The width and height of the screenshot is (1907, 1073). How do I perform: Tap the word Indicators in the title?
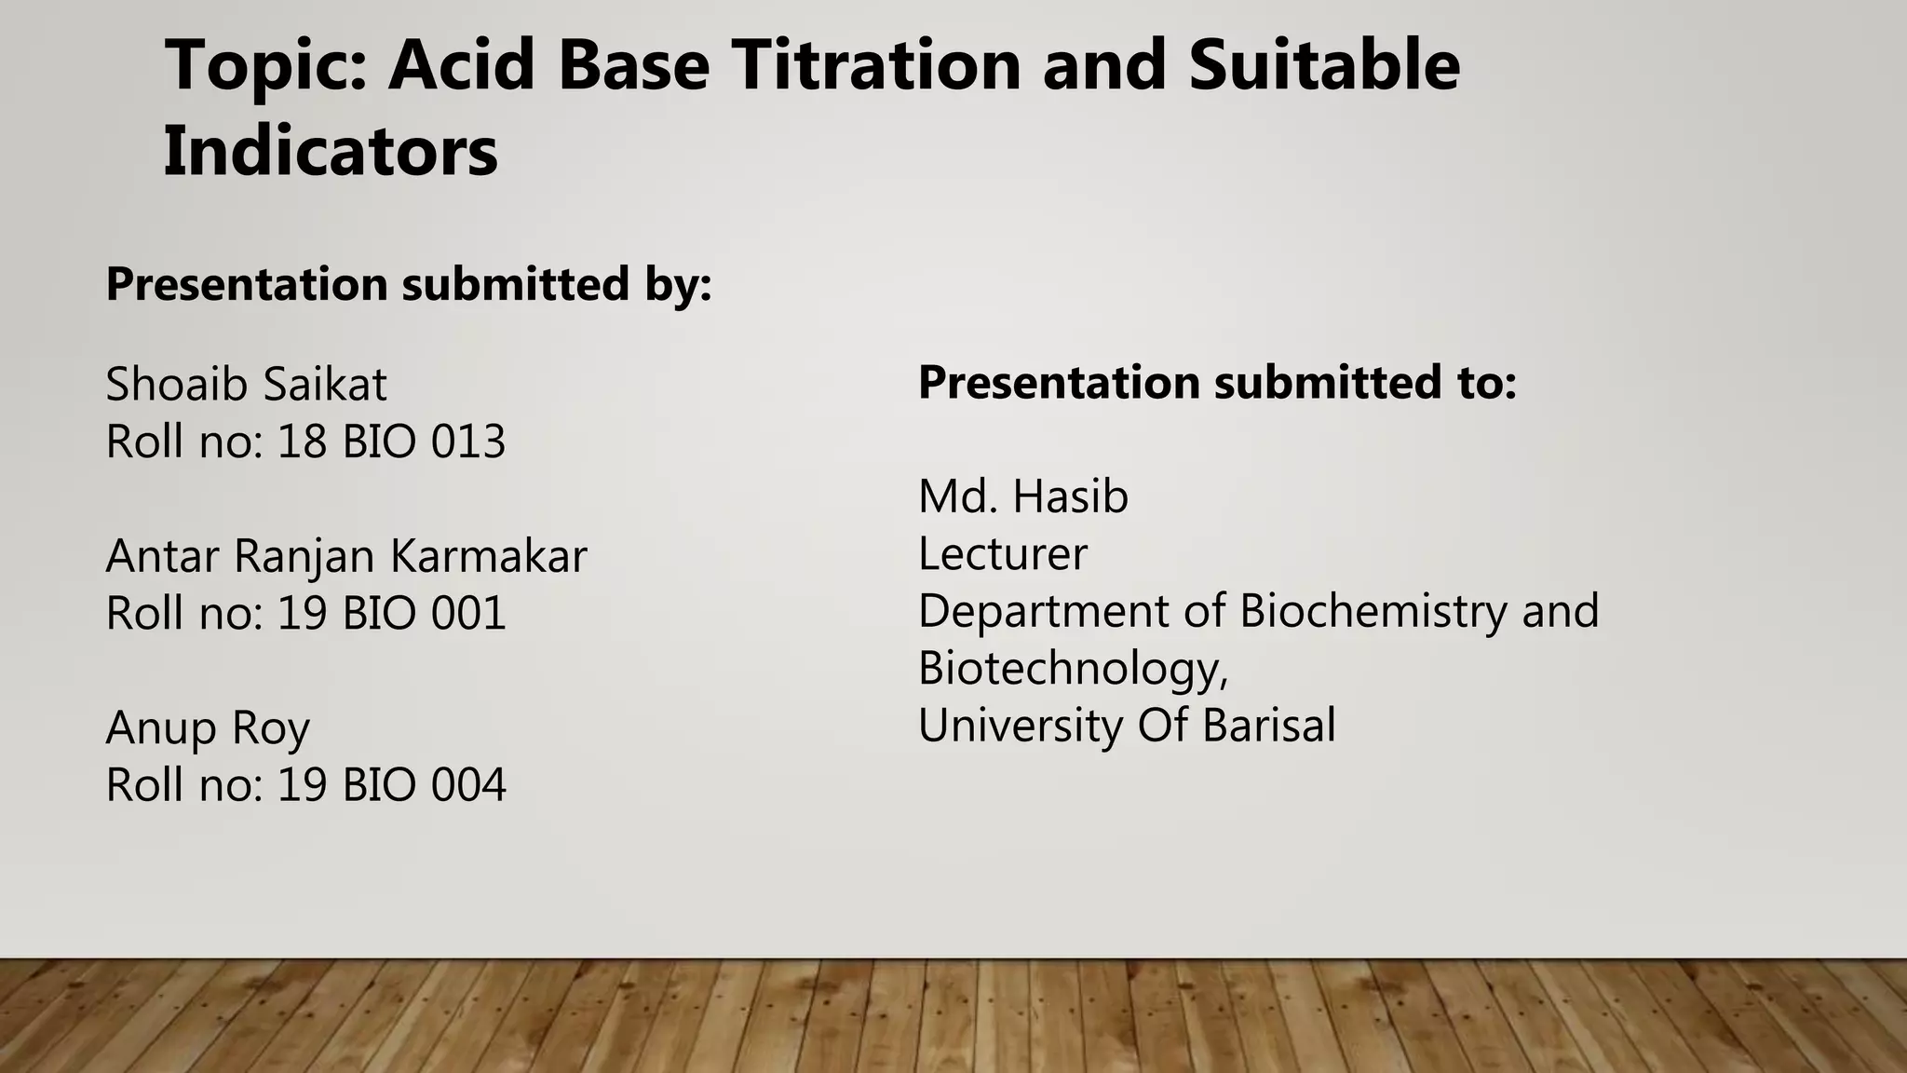(x=331, y=152)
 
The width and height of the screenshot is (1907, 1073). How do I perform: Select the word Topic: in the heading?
(x=266, y=67)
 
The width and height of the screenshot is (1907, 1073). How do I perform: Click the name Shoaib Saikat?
(x=246, y=385)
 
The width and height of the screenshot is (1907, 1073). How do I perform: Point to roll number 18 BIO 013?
(x=391, y=441)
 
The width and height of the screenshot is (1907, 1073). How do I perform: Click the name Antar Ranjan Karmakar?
(x=346, y=556)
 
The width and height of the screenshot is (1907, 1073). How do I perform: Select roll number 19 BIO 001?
(x=391, y=614)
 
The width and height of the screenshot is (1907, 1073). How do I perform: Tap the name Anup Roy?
(x=208, y=727)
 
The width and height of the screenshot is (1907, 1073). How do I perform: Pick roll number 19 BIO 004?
(x=391, y=785)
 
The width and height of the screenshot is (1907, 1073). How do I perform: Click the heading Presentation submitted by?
(x=409, y=284)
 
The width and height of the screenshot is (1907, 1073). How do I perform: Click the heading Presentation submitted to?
(x=1217, y=383)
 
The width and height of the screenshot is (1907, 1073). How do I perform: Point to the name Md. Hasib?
(x=1023, y=496)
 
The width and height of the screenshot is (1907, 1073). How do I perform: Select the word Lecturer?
(x=1002, y=554)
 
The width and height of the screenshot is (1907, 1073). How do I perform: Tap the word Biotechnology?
(x=1073, y=669)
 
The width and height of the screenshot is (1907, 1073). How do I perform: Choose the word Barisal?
(x=1268, y=726)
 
